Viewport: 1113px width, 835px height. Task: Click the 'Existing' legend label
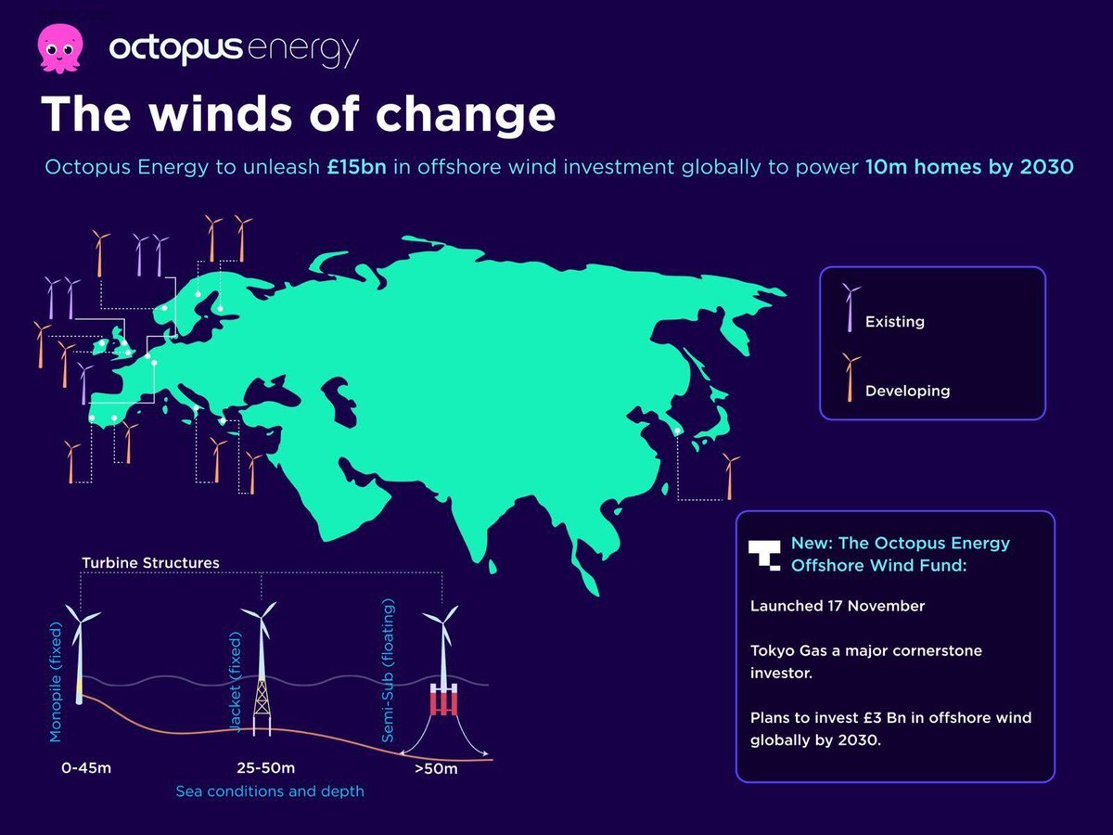894,322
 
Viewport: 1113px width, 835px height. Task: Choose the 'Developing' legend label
907,391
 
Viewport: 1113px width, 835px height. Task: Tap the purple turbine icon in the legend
849,307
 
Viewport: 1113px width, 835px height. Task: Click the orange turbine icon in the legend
849,377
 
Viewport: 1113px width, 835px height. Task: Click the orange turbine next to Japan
730,475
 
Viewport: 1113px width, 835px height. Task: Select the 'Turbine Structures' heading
150,563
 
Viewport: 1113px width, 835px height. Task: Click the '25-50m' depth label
264,768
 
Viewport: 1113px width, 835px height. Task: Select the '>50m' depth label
436,769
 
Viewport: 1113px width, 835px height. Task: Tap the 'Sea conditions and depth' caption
270,791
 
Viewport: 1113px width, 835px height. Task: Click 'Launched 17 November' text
838,606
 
